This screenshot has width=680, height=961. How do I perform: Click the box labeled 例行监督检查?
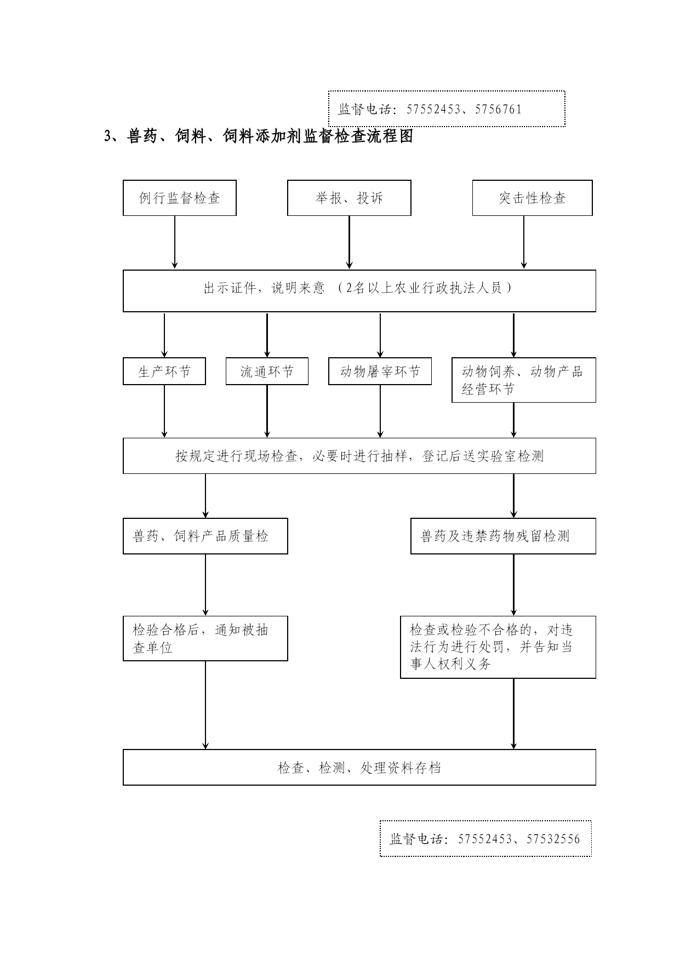tap(180, 198)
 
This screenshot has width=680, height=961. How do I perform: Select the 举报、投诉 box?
tap(349, 198)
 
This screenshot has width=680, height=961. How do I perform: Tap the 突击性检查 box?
tap(533, 198)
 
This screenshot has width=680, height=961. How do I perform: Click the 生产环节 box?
tap(164, 371)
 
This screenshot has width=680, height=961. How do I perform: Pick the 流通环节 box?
tap(267, 371)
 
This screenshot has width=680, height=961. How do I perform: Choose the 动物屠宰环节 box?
tap(380, 371)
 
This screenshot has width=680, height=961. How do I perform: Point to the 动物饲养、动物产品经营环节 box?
tap(524, 380)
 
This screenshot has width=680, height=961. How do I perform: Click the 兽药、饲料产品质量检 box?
tap(205, 536)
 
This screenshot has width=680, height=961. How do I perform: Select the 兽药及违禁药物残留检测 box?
tap(504, 536)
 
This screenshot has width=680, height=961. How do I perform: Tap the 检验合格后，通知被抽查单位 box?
tap(205, 638)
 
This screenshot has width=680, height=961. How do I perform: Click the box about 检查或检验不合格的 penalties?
tap(498, 647)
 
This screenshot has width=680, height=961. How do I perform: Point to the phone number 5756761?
tap(499, 109)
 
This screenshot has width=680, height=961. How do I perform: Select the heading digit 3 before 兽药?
tap(108, 136)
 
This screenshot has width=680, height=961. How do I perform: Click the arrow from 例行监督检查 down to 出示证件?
tap(175, 242)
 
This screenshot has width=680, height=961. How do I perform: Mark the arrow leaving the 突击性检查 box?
tap(524, 242)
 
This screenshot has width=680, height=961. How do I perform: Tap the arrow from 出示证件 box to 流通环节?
tap(267, 335)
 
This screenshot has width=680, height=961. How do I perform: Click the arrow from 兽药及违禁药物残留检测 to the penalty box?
tap(513, 585)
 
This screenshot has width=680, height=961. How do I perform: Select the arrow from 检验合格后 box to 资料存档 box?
tap(205, 705)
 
